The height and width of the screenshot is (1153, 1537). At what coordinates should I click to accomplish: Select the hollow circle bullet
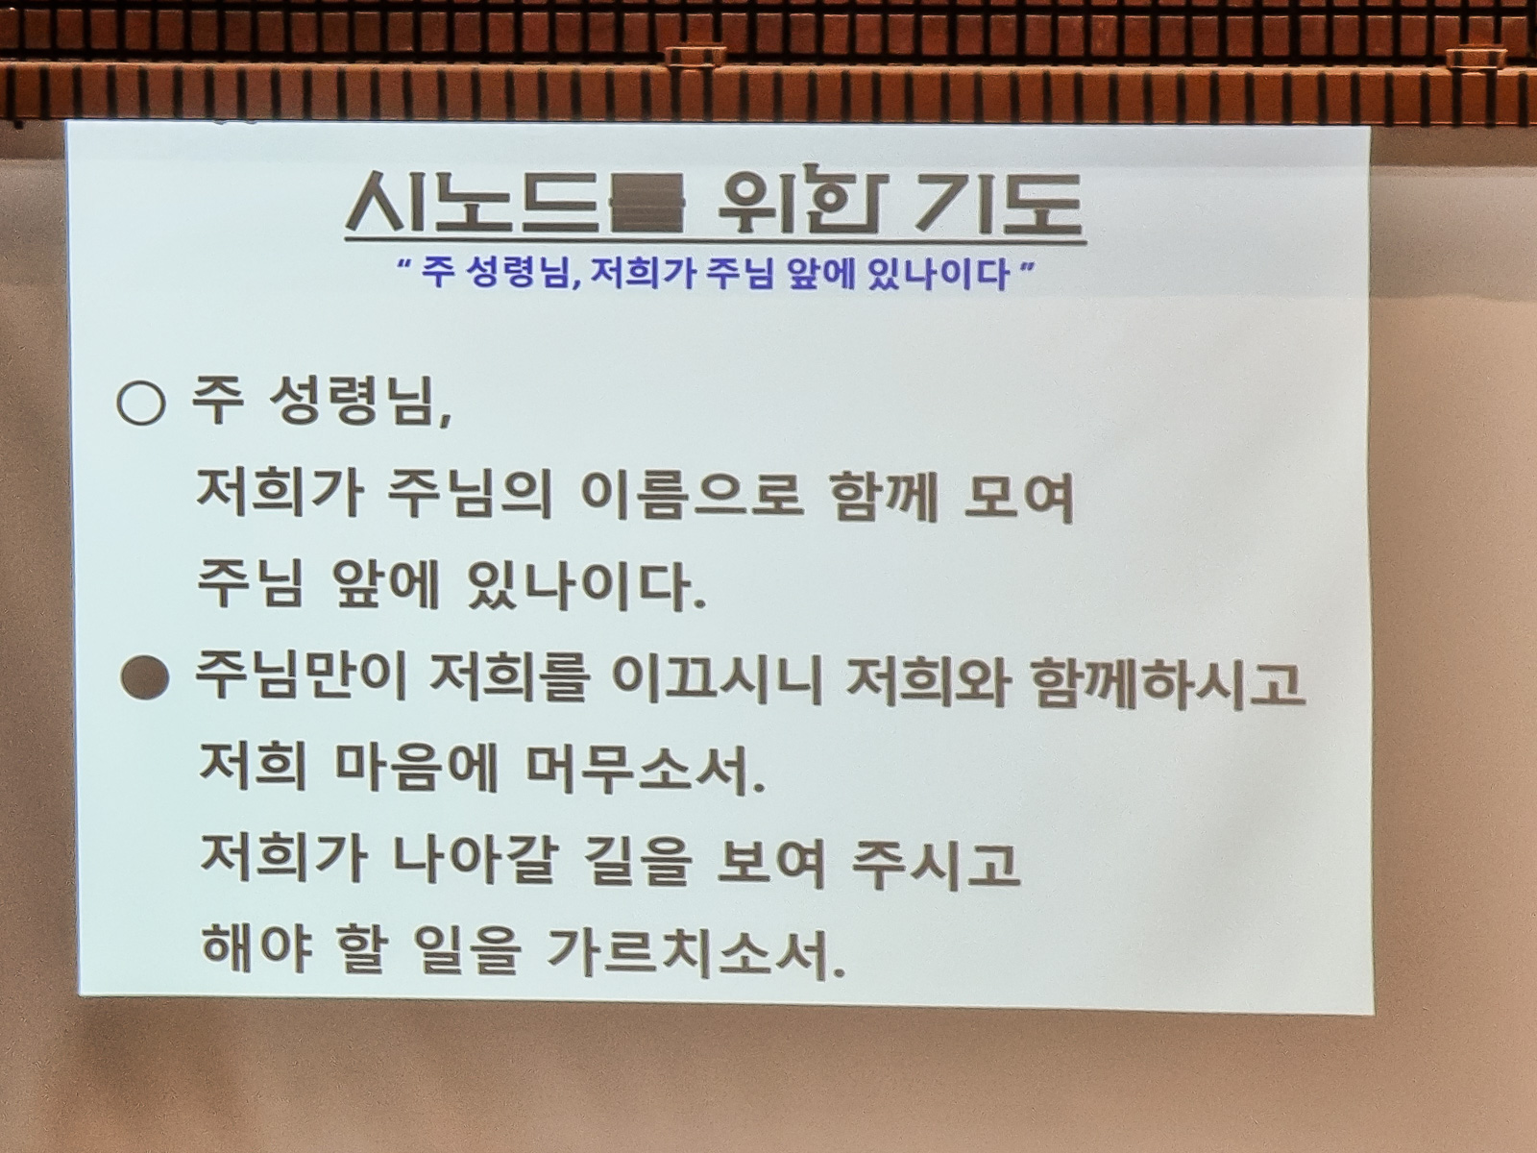click(x=141, y=403)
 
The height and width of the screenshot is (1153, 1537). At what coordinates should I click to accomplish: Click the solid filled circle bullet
click(x=144, y=676)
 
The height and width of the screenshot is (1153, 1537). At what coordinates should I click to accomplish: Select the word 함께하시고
click(x=1169, y=681)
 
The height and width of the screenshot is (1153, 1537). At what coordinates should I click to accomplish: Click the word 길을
click(x=634, y=864)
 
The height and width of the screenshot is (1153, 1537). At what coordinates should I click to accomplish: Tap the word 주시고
click(x=934, y=864)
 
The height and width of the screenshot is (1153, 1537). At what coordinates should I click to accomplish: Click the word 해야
click(x=255, y=954)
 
